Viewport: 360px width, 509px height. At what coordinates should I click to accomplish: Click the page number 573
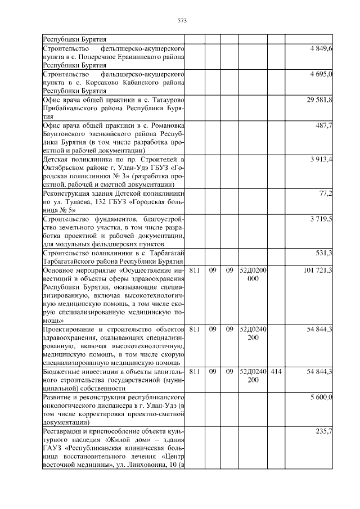(x=182, y=20)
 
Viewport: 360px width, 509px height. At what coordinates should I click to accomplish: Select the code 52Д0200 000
(x=253, y=274)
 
